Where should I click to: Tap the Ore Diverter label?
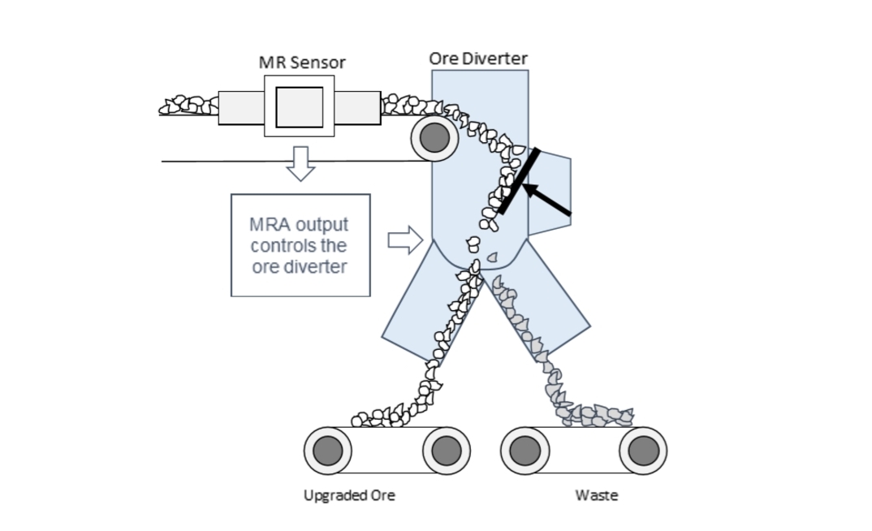(478, 58)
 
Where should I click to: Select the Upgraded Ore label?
(349, 495)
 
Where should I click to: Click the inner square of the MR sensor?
(299, 106)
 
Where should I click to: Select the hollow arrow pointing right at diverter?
(404, 240)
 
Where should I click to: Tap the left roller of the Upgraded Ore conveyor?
(328, 449)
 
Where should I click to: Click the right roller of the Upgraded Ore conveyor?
(446, 449)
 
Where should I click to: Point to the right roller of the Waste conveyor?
(642, 449)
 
